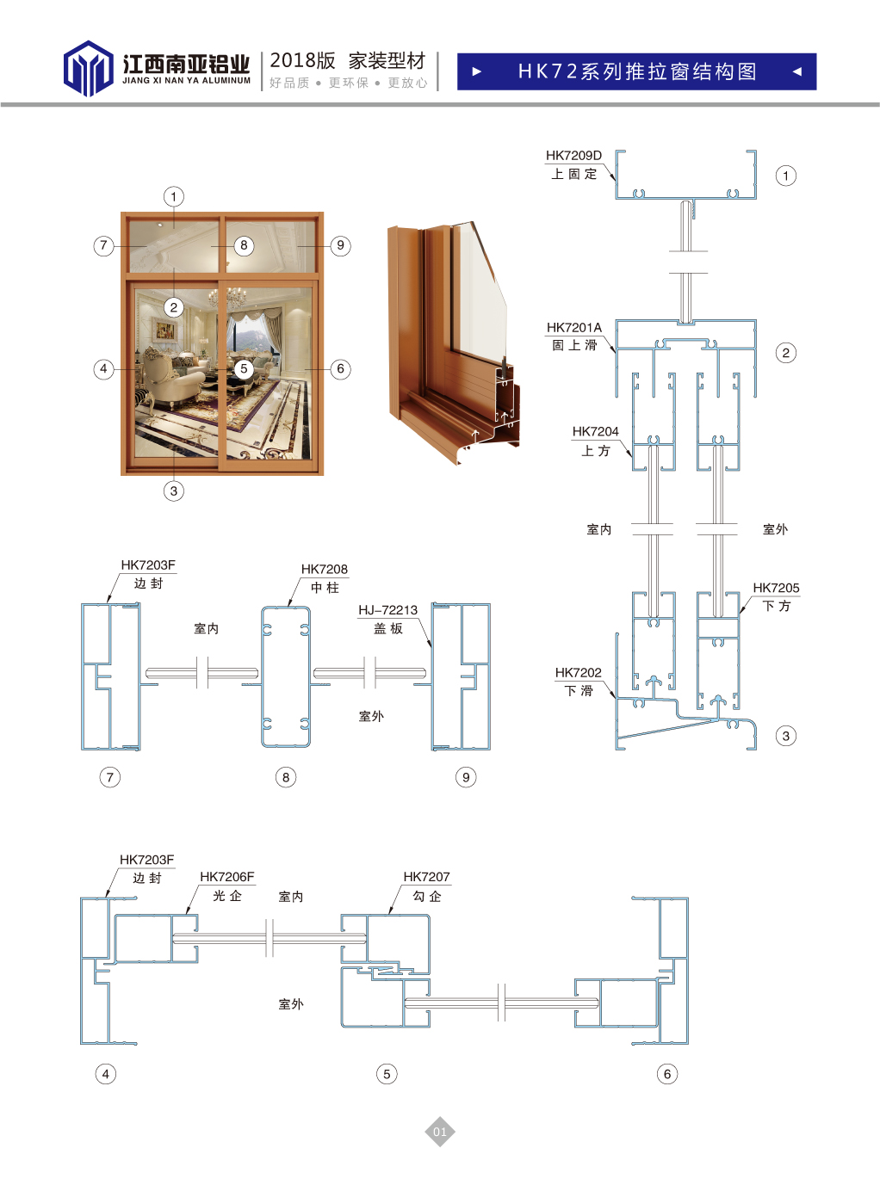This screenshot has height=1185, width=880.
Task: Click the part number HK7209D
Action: [x=573, y=156]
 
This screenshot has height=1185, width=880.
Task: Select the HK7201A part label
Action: [x=573, y=327]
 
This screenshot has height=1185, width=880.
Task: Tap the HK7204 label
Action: [x=595, y=431]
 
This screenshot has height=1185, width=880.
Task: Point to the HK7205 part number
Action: [x=776, y=588]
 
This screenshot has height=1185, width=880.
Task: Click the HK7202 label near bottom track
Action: [x=578, y=672]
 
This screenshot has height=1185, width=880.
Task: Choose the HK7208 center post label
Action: [x=324, y=569]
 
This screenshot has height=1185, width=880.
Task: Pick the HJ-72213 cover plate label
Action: [x=387, y=610]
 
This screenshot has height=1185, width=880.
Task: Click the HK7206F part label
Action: [x=226, y=877]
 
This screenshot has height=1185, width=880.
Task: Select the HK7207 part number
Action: [x=426, y=877]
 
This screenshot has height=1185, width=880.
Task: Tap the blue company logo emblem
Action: [x=88, y=68]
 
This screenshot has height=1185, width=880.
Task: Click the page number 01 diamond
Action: [x=439, y=1132]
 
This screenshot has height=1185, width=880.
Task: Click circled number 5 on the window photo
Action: [x=244, y=368]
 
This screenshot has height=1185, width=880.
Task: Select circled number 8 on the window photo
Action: [x=244, y=245]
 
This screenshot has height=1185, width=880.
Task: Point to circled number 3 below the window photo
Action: [x=174, y=491]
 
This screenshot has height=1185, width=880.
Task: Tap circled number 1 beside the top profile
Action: [x=785, y=176]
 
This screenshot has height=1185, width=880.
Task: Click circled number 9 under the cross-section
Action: [x=466, y=777]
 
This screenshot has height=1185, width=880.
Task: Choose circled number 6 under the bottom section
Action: [x=666, y=1074]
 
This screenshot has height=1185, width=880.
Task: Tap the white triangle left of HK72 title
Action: [x=477, y=71]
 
